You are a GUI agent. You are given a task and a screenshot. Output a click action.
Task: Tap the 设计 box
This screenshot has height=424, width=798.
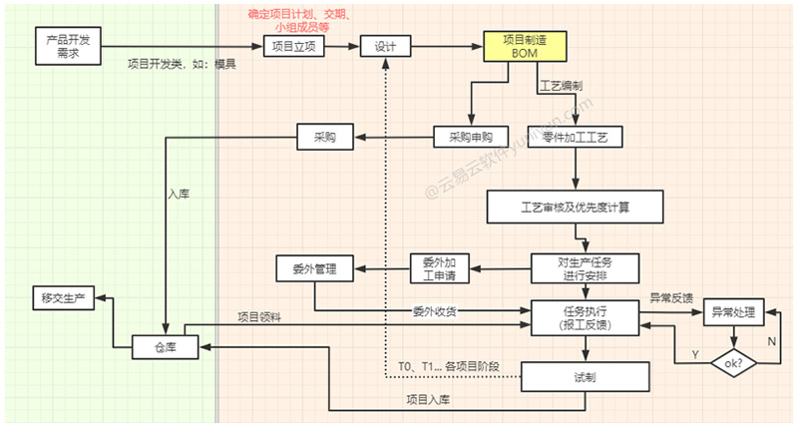(386, 47)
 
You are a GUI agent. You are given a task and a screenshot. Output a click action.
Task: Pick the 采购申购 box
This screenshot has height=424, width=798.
(471, 136)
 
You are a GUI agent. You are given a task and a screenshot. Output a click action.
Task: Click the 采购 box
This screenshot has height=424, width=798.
(325, 136)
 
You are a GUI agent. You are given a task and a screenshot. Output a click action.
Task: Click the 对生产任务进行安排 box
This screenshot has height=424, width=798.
(585, 268)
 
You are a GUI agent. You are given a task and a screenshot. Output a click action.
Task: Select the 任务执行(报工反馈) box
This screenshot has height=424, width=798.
(585, 316)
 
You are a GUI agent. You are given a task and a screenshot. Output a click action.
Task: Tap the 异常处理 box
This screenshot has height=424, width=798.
(734, 313)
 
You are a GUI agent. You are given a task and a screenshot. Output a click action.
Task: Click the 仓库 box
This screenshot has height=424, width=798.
(166, 345)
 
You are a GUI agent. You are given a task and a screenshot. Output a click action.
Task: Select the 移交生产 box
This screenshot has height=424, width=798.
(63, 297)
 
